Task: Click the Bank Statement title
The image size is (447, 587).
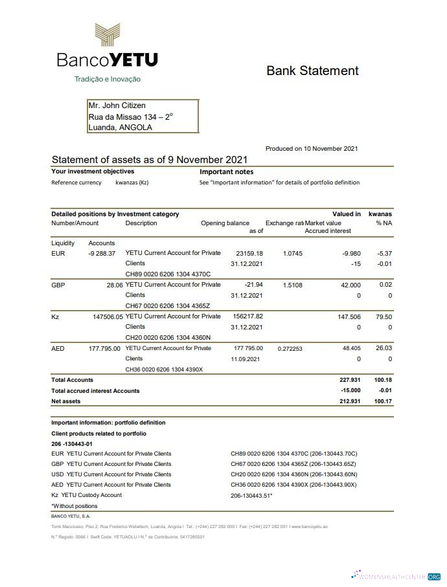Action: [x=312, y=71]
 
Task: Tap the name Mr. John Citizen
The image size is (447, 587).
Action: [x=117, y=105]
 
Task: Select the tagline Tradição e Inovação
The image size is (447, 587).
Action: [x=108, y=79]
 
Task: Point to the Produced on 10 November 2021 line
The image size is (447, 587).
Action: [x=312, y=149]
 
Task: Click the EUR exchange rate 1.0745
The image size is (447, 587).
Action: [x=293, y=253]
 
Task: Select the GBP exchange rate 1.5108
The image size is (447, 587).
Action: [x=293, y=285]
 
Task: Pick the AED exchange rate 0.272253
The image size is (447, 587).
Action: [x=290, y=348]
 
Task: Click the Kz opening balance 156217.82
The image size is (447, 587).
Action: [x=249, y=316]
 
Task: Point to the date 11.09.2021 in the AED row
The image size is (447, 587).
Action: [x=247, y=359]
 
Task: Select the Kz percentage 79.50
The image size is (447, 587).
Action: [x=384, y=316]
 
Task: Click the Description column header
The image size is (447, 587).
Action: [x=141, y=223]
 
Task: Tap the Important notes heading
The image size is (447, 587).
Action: [x=226, y=172]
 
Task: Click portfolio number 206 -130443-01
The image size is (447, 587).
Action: [x=72, y=444]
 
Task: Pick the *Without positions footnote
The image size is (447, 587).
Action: [x=74, y=506]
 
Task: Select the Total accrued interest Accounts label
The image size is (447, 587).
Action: [x=95, y=391]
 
